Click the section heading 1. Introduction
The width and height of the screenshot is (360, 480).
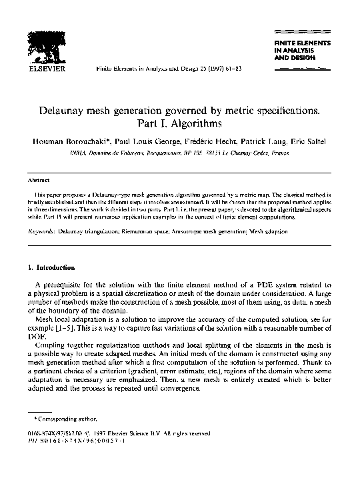(51, 268)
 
